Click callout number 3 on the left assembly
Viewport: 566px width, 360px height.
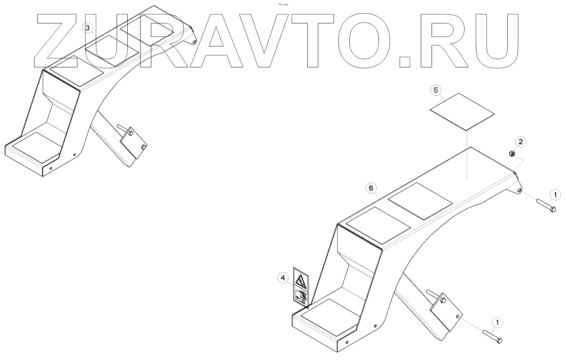87,28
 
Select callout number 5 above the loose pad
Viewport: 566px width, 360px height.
436,90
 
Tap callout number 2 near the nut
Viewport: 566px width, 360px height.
520,142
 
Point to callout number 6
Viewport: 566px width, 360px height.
370,188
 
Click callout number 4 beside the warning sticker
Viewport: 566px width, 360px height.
283,278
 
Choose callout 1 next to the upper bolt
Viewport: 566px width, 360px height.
555,194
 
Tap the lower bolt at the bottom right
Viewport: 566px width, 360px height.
492,336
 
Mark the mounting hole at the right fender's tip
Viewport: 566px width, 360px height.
519,190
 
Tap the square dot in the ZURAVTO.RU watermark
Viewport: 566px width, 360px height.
405,61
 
